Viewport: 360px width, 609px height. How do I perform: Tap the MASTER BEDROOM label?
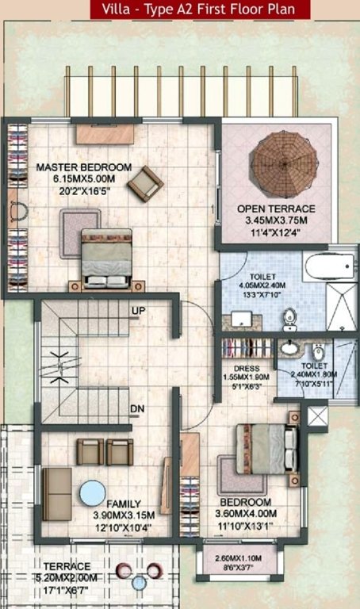pyautogui.click(x=84, y=167)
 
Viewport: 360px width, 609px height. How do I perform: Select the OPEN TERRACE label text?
pyautogui.click(x=277, y=209)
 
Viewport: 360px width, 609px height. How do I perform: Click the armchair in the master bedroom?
pyautogui.click(x=145, y=183)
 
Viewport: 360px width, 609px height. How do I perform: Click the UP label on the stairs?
pyautogui.click(x=138, y=308)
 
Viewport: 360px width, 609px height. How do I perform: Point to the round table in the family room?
pyautogui.click(x=94, y=492)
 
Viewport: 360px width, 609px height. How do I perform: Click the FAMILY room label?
pyautogui.click(x=124, y=504)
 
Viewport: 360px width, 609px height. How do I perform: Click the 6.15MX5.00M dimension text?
pyautogui.click(x=82, y=178)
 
